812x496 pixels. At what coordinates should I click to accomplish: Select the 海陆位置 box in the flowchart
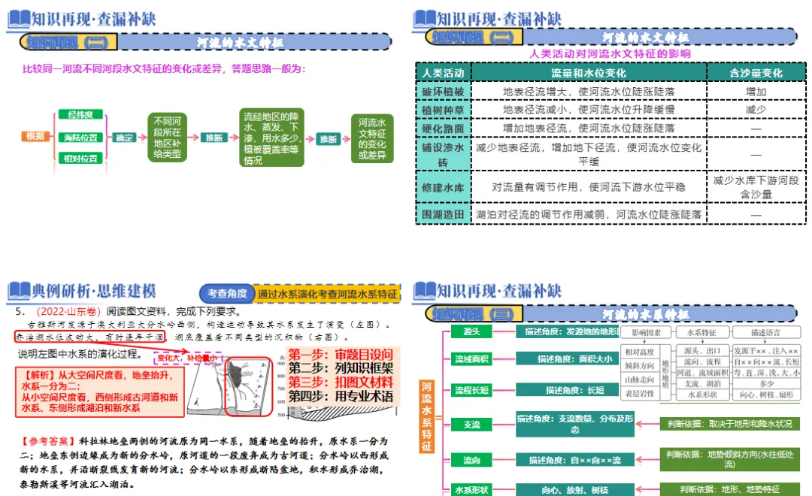tap(80, 137)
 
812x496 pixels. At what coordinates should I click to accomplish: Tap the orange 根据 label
tap(35, 137)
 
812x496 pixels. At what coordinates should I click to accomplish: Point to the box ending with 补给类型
tap(167, 138)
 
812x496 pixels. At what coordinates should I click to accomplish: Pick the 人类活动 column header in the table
tap(443, 73)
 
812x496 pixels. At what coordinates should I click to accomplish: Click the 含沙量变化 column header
tap(755, 73)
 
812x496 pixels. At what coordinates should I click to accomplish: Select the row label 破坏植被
tap(443, 92)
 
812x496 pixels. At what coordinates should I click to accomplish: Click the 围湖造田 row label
tap(443, 215)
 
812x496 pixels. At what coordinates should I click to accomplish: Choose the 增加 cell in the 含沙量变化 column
tap(755, 92)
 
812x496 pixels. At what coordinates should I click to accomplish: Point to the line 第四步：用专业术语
tap(340, 396)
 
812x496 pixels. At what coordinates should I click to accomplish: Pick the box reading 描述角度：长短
tap(574, 390)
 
